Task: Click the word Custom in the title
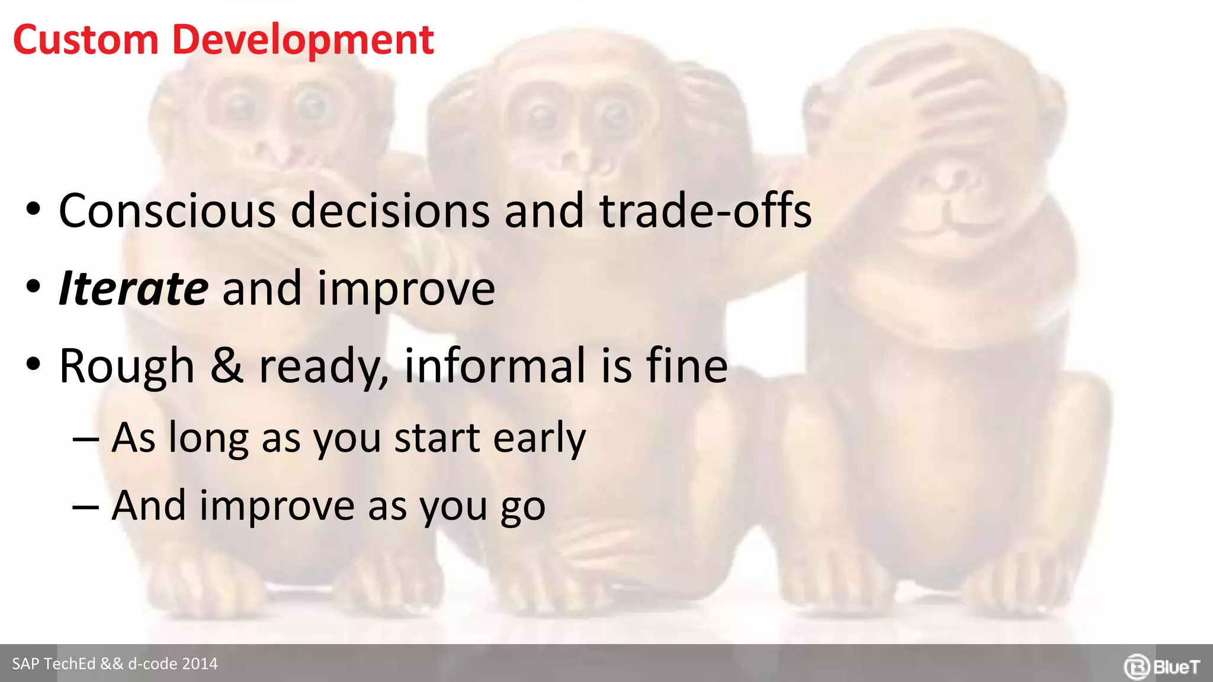coord(85,40)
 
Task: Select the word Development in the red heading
coord(303,40)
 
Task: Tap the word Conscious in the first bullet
coord(167,211)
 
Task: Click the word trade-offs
coord(705,211)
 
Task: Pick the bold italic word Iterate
coord(133,288)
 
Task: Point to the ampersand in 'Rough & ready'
coord(227,365)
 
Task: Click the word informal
coord(495,365)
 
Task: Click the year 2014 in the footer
coord(200,664)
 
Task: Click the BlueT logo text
coord(1176,667)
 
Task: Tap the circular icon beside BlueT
coord(1137,667)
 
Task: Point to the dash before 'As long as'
coord(85,440)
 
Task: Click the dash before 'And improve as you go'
coord(85,508)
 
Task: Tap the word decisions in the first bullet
coord(390,211)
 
